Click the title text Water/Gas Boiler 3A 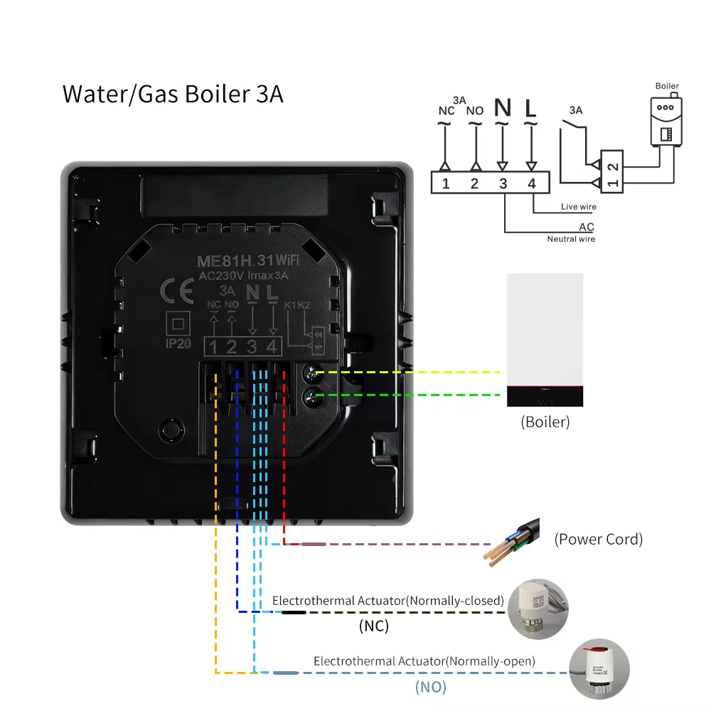point(173,94)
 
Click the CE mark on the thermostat point(174,291)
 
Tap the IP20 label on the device point(176,343)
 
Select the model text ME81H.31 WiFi point(247,260)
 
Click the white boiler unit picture point(545,340)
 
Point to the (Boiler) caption point(545,422)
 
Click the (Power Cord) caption point(598,539)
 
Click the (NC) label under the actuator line point(373,626)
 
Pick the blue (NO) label point(430,687)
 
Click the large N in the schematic point(503,107)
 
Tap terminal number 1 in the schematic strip point(445,184)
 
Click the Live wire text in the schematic point(579,207)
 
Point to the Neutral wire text point(571,240)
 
